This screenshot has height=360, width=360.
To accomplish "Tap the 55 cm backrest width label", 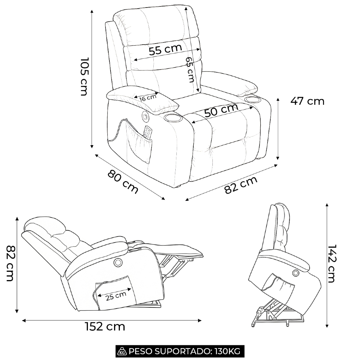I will pos(166,50).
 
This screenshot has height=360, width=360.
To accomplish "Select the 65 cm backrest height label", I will pos(190,69).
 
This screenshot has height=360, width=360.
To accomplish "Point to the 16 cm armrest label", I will pos(148,98).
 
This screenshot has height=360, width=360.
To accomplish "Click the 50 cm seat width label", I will pos(221,111).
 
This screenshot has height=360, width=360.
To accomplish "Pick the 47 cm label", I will pos(307,102).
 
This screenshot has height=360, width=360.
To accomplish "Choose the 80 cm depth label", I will pos(123,181).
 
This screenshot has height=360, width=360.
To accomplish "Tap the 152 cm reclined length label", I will pos(105,327).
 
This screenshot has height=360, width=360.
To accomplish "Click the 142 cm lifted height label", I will pos(332,263).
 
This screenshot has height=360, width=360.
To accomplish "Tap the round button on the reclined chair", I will pos(118,262).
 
